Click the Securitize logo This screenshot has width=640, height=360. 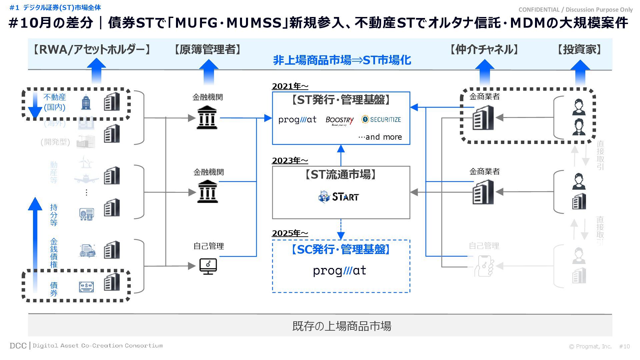[381, 119]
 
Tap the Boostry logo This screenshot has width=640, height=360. [339, 120]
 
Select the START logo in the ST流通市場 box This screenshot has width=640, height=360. [339, 197]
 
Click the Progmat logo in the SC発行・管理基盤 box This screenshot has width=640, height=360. [339, 271]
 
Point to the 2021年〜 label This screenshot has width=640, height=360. [290, 86]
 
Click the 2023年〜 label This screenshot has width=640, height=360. [290, 161]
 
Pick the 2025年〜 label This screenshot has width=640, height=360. [290, 233]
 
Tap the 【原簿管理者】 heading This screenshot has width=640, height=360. [207, 50]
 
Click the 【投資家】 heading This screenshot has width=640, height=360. [580, 50]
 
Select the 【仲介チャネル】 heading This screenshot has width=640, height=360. [484, 50]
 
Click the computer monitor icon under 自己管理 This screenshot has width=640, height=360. [208, 266]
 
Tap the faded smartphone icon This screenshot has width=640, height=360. [484, 266]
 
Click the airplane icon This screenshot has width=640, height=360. [86, 179]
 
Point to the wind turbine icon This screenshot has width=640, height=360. [86, 162]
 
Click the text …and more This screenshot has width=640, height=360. [380, 137]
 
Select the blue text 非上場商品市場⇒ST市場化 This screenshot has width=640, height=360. [342, 60]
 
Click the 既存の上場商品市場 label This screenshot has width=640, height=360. [342, 326]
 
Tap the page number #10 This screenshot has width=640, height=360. [624, 347]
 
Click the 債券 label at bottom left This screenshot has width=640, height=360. [54, 289]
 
